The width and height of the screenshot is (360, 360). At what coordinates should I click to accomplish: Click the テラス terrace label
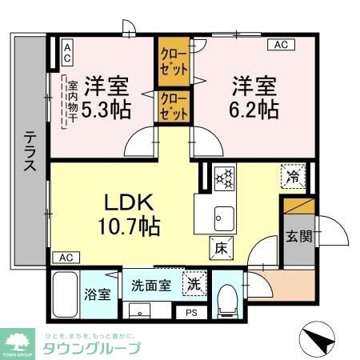coord(27,152)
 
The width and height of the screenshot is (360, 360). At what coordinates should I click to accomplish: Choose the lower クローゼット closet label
coord(174,106)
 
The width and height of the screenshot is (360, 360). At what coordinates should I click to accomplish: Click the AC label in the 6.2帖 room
coord(281,46)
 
